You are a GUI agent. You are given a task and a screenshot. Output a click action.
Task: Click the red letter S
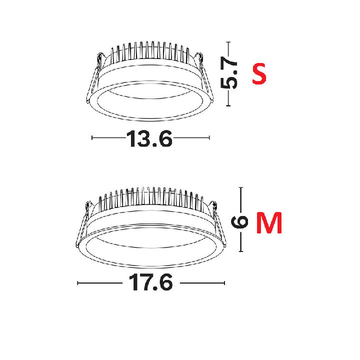[x=259, y=74]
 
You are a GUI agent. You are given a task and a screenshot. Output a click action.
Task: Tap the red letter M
[x=269, y=222]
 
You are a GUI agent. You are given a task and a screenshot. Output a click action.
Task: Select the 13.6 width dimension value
[x=149, y=138]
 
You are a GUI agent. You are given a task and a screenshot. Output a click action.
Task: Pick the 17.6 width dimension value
[x=151, y=282]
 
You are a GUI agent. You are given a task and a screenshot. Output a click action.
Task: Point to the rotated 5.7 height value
[x=228, y=73]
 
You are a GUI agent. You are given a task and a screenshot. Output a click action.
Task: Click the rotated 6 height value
[x=239, y=222]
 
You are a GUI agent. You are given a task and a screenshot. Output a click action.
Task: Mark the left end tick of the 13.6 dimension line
[x=92, y=138]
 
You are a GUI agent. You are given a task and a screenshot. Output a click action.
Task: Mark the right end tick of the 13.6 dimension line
[x=209, y=138]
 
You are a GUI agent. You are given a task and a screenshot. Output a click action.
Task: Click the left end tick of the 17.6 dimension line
[x=77, y=283]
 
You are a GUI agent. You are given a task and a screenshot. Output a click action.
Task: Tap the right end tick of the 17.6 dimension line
[x=224, y=283]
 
